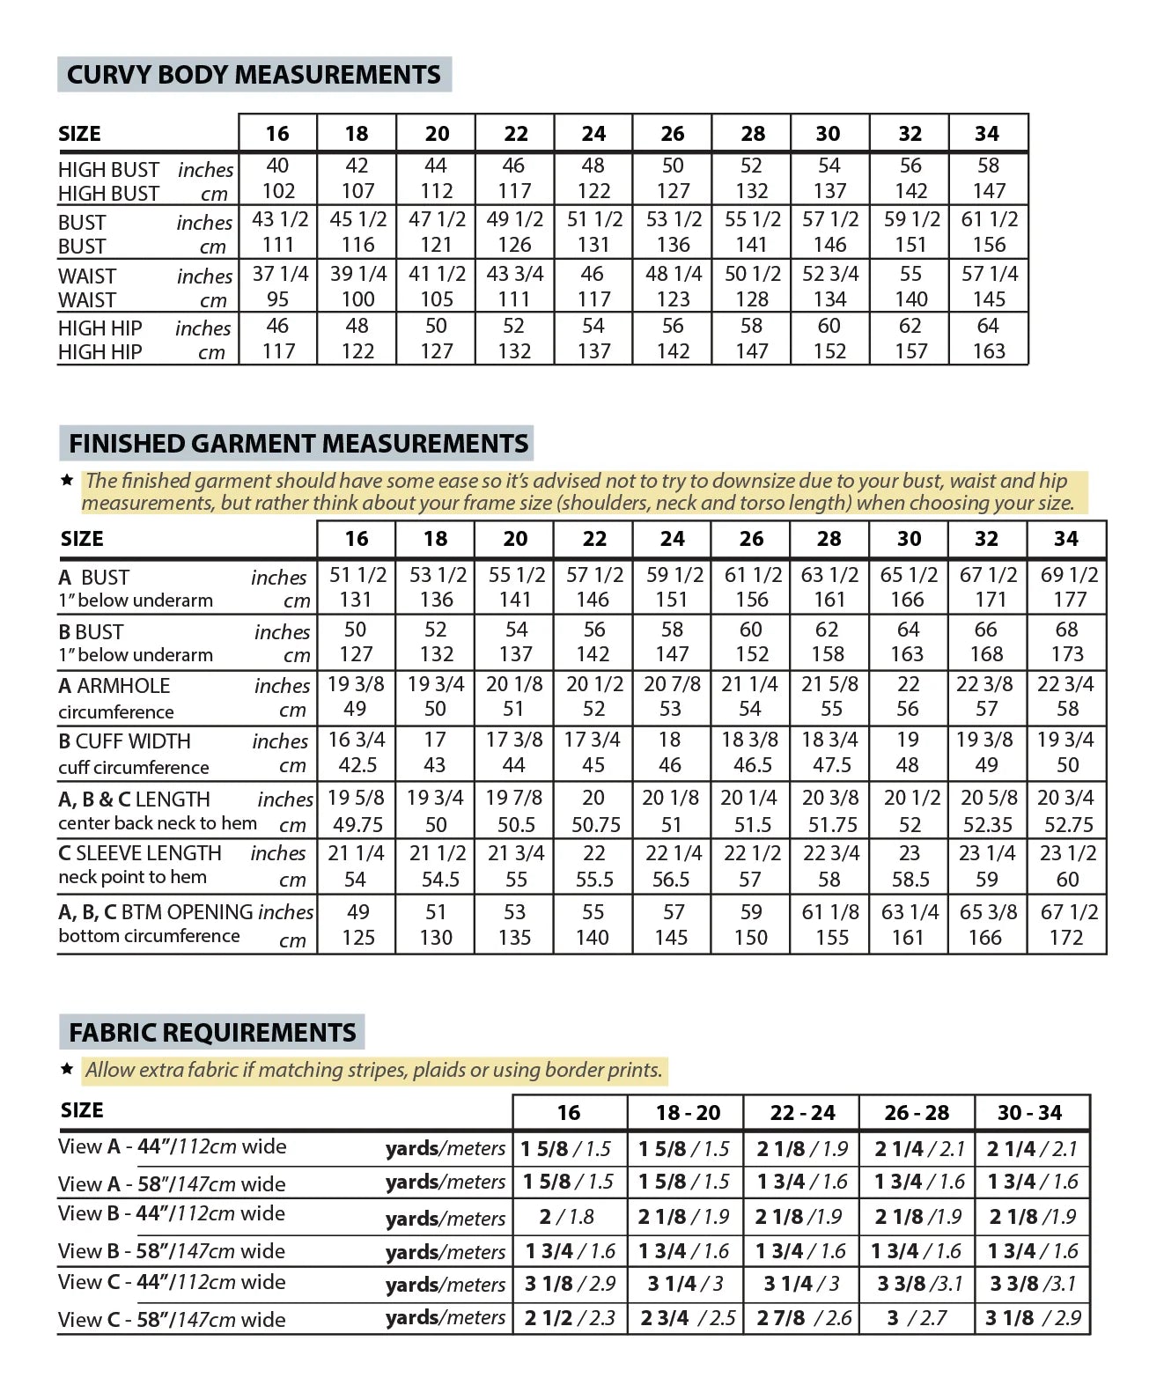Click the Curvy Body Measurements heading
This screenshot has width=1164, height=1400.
click(254, 75)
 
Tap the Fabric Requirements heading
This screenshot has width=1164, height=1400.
click(212, 1032)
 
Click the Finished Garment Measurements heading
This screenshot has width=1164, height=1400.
click(298, 443)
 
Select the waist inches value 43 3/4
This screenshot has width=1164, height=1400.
click(515, 274)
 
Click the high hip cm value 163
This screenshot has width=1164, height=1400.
click(989, 351)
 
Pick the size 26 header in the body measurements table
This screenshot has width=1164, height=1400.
click(673, 134)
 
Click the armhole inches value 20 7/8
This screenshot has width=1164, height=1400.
click(673, 684)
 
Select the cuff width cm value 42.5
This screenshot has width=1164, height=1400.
click(357, 765)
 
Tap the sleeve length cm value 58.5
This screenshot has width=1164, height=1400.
click(910, 879)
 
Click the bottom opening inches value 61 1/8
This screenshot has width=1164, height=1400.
click(830, 912)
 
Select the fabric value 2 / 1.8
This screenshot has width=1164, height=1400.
click(568, 1217)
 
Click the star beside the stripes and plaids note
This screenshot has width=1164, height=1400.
click(67, 1069)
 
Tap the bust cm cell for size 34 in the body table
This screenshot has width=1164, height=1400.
click(989, 245)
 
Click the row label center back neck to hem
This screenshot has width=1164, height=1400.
click(158, 823)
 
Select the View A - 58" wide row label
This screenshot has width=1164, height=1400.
click(172, 1183)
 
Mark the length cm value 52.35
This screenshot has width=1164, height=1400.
click(988, 825)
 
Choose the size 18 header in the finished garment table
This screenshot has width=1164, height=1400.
click(436, 539)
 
